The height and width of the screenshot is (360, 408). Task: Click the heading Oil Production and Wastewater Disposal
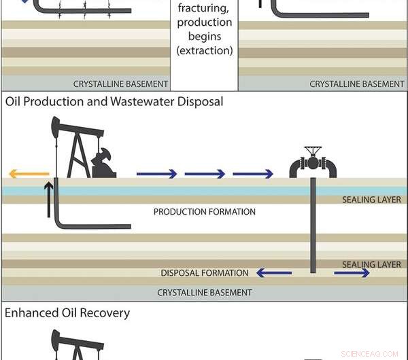(x=114, y=102)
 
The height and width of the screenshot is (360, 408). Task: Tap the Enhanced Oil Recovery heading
(x=67, y=313)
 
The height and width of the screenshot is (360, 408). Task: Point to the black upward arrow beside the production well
(x=48, y=199)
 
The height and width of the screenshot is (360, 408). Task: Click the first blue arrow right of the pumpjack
(x=156, y=174)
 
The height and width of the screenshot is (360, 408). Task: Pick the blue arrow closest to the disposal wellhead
(x=252, y=174)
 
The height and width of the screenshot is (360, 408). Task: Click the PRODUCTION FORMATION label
(x=205, y=212)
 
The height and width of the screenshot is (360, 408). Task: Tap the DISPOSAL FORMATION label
(x=205, y=273)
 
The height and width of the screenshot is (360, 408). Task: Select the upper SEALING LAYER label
(x=373, y=200)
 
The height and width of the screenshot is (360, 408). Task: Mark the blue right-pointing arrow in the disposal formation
(x=352, y=273)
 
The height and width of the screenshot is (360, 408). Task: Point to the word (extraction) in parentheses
(x=204, y=51)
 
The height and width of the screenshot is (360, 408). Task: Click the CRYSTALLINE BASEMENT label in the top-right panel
(x=357, y=84)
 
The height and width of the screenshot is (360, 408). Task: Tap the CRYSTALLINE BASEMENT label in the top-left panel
(x=120, y=84)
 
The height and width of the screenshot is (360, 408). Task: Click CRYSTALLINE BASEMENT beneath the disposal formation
(x=205, y=293)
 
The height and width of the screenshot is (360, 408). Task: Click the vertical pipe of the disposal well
(x=313, y=224)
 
